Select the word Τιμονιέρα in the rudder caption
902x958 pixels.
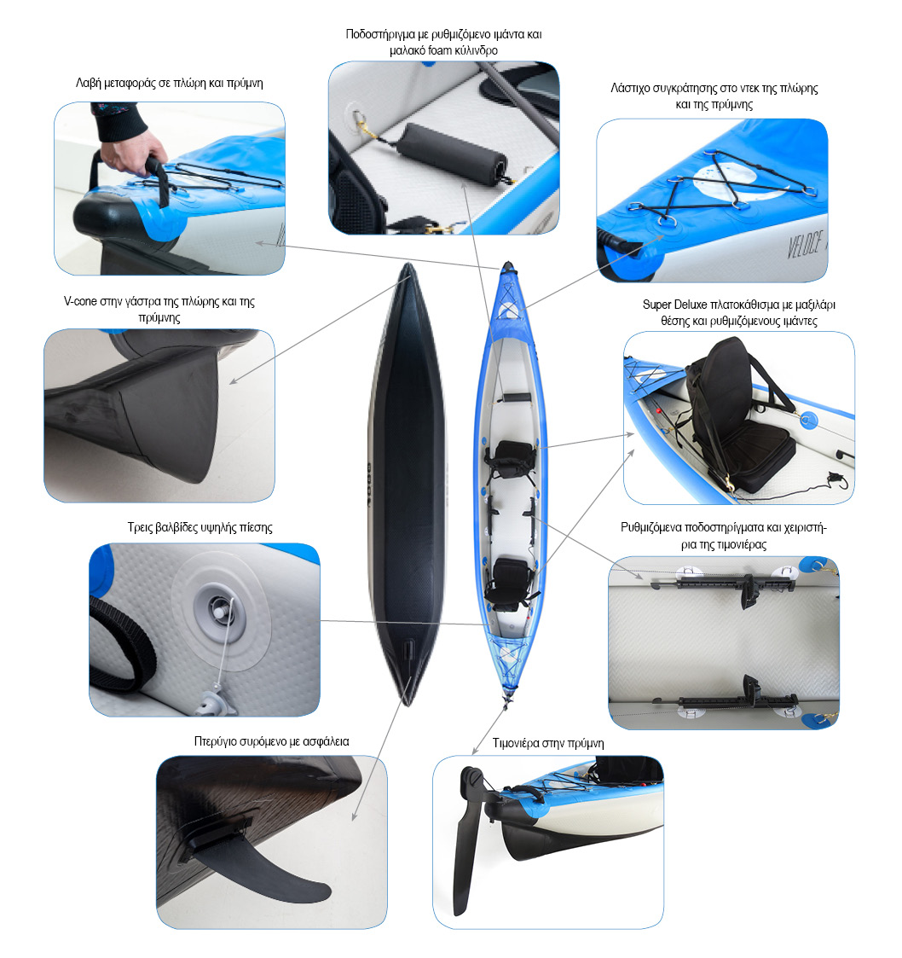517,743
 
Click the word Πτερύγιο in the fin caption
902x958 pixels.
215,741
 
